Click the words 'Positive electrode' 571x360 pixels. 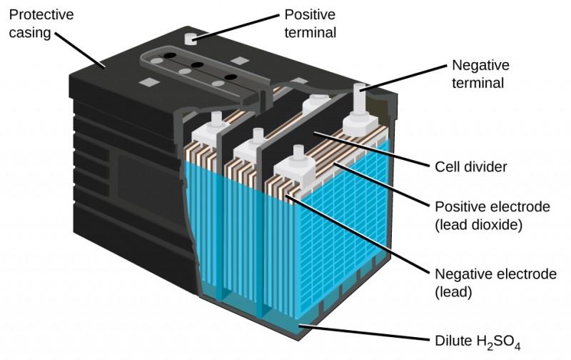point(492,207)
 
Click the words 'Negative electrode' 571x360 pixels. point(495,274)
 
